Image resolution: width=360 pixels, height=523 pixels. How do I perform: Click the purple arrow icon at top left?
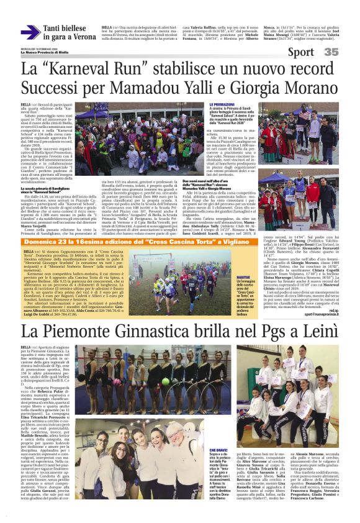tap(30, 32)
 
